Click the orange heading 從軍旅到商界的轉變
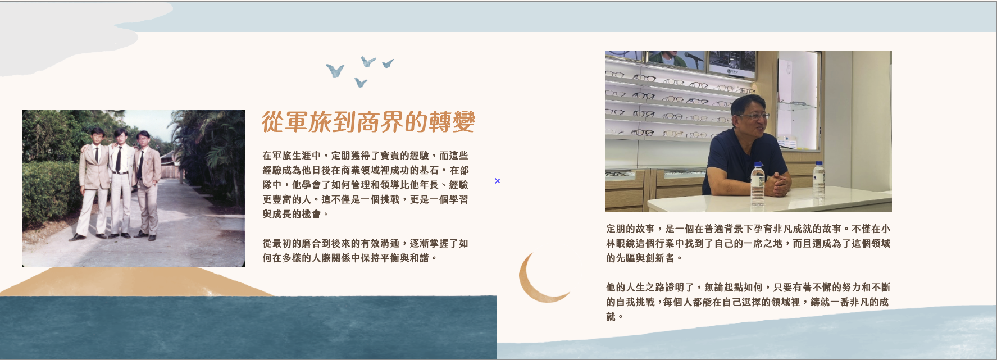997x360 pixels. [368, 122]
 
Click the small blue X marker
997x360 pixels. [497, 181]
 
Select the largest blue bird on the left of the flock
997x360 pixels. [335, 70]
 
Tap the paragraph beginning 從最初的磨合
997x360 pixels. [365, 250]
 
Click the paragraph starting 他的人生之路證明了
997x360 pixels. [747, 302]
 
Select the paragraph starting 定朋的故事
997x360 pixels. [748, 244]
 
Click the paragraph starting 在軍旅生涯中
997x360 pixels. [365, 185]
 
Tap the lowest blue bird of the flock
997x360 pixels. [361, 83]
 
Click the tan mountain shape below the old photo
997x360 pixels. [135, 281]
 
